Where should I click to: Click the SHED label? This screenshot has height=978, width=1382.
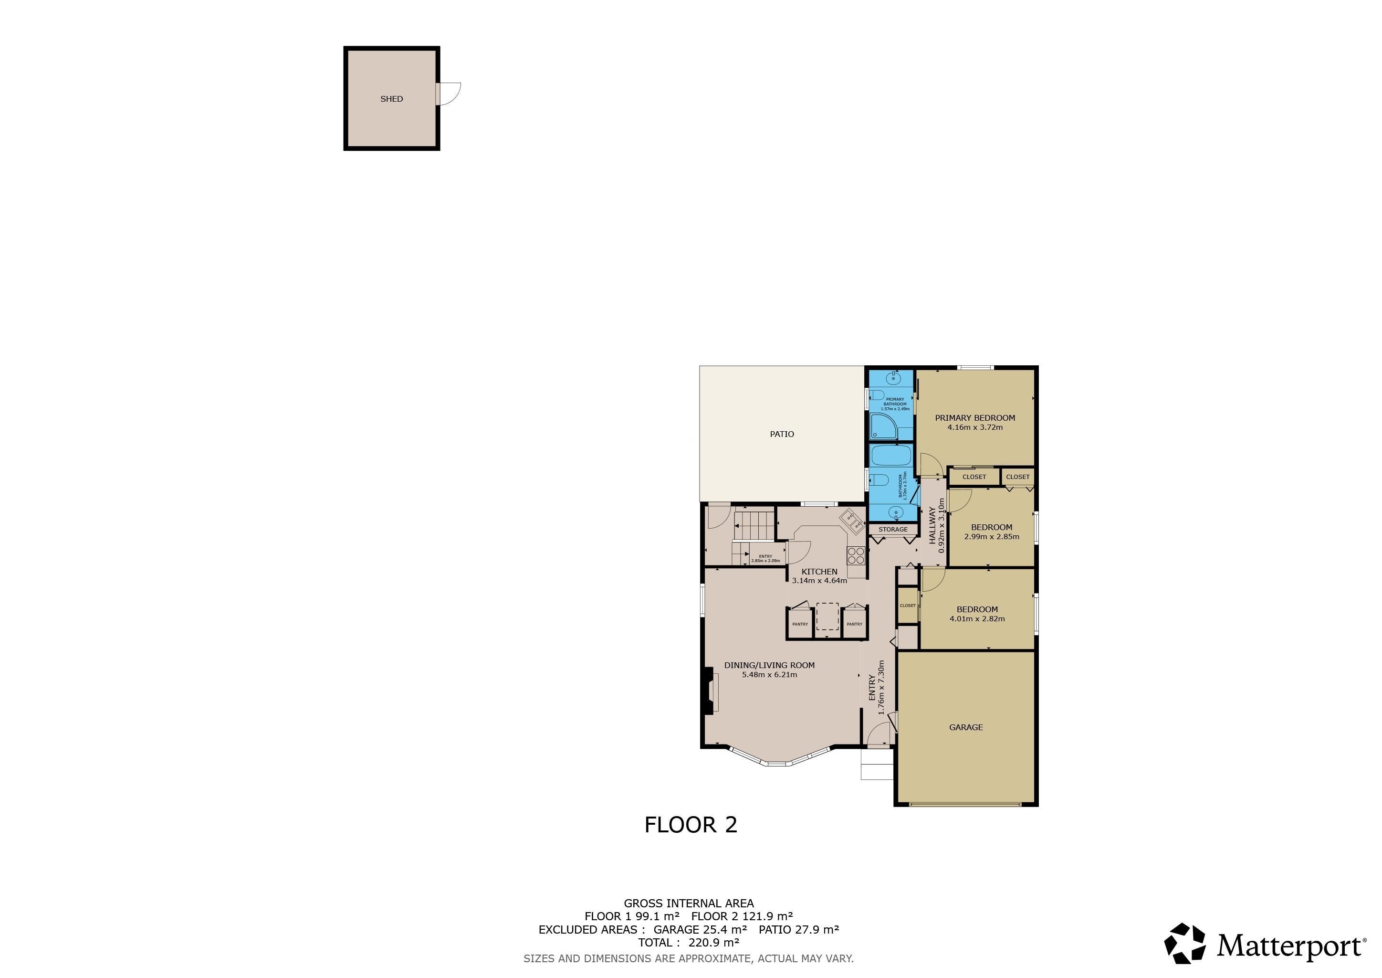[391, 99]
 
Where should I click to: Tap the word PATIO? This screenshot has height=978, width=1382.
[782, 434]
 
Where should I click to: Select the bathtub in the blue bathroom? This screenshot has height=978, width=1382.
[891, 456]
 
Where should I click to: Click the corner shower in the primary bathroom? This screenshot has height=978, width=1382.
[883, 426]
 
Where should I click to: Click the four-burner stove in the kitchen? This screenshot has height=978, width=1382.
[856, 555]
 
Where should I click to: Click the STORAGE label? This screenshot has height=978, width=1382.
[893, 529]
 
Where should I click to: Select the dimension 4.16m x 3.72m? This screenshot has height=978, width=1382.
[974, 427]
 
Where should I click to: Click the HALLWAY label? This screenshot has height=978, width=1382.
[933, 525]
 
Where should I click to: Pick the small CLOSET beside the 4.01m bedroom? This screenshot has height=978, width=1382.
[907, 605]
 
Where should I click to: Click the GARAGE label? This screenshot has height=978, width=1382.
[965, 727]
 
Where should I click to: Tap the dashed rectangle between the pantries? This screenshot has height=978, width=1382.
[827, 616]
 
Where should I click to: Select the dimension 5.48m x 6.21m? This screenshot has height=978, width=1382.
[769, 674]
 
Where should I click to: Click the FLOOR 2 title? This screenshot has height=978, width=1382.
[691, 824]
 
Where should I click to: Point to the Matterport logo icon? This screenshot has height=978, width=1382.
[1184, 943]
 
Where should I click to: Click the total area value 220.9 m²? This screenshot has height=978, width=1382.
[714, 943]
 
